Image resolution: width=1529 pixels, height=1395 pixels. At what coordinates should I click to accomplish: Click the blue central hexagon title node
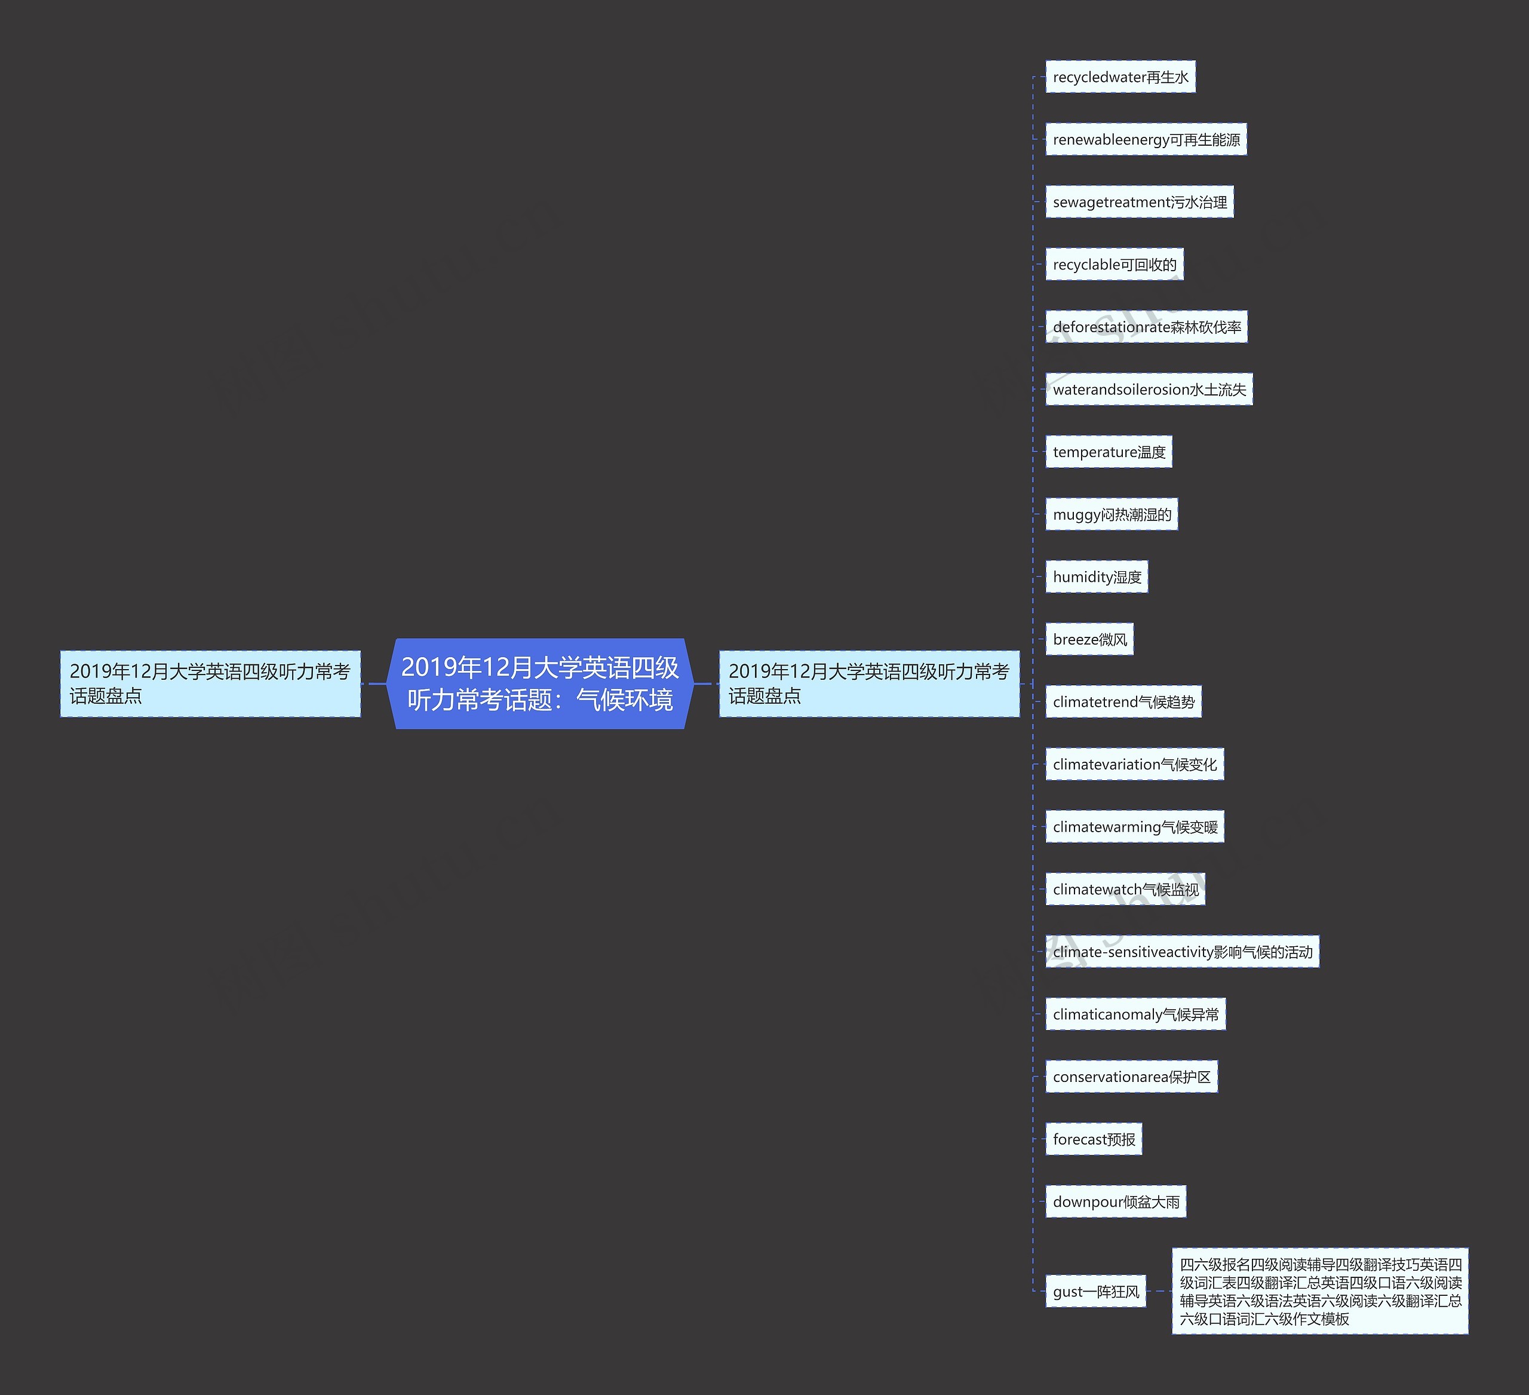tap(540, 683)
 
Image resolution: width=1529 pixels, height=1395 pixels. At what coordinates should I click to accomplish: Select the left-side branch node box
tap(210, 683)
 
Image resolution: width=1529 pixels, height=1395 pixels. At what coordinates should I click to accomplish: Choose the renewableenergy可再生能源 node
tap(1145, 140)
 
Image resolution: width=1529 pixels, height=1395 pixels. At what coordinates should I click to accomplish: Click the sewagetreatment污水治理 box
tap(1139, 203)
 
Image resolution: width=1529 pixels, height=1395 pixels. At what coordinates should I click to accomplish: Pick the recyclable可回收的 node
tap(1114, 265)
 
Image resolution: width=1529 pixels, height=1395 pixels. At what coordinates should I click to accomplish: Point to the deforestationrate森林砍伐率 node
tap(1146, 327)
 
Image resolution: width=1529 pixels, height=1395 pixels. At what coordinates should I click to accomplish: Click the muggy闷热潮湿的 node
tap(1111, 514)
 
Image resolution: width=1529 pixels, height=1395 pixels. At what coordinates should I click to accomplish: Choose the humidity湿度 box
tap(1096, 577)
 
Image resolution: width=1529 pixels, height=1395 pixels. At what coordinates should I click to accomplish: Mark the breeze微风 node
tap(1089, 639)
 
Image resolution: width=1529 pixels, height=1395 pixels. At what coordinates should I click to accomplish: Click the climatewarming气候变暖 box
tap(1135, 827)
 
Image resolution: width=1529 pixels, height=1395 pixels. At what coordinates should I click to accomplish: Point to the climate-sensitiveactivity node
tap(1181, 952)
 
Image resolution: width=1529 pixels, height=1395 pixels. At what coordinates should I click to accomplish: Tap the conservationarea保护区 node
tap(1131, 1077)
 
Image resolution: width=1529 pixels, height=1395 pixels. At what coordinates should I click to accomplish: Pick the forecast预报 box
tap(1094, 1139)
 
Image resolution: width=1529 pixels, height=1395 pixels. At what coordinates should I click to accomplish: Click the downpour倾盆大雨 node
tap(1116, 1201)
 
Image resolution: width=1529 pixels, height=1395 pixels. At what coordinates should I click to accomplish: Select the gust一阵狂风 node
tap(1095, 1291)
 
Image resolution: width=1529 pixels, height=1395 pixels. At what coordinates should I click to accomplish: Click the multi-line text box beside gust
tap(1320, 1291)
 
